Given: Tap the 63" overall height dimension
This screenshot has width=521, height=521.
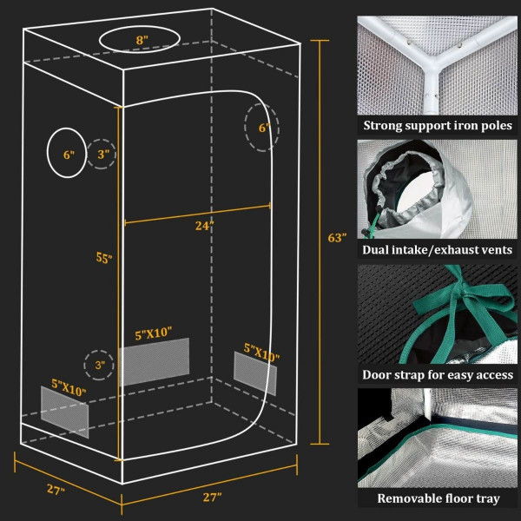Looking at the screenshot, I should pyautogui.click(x=338, y=236).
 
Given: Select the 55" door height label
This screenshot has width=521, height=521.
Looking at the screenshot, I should pyautogui.click(x=103, y=257).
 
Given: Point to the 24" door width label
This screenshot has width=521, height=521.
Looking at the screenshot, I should pyautogui.click(x=204, y=226).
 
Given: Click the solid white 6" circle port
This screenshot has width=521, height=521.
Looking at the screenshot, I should pyautogui.click(x=67, y=153).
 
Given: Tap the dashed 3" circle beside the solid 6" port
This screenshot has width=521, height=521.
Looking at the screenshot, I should pyautogui.click(x=102, y=155).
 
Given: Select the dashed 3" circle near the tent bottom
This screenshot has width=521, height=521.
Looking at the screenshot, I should pyautogui.click(x=99, y=366).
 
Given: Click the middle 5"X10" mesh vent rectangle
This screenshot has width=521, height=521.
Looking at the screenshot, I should pyautogui.click(x=154, y=361).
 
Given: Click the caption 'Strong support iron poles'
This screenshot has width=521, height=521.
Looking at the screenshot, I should pyautogui.click(x=438, y=126).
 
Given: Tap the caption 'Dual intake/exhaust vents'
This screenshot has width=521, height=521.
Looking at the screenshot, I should pyautogui.click(x=438, y=251).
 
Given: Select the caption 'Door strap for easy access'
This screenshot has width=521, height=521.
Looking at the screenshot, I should pyautogui.click(x=438, y=375).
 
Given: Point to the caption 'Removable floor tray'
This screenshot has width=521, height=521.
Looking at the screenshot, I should pyautogui.click(x=438, y=499).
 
